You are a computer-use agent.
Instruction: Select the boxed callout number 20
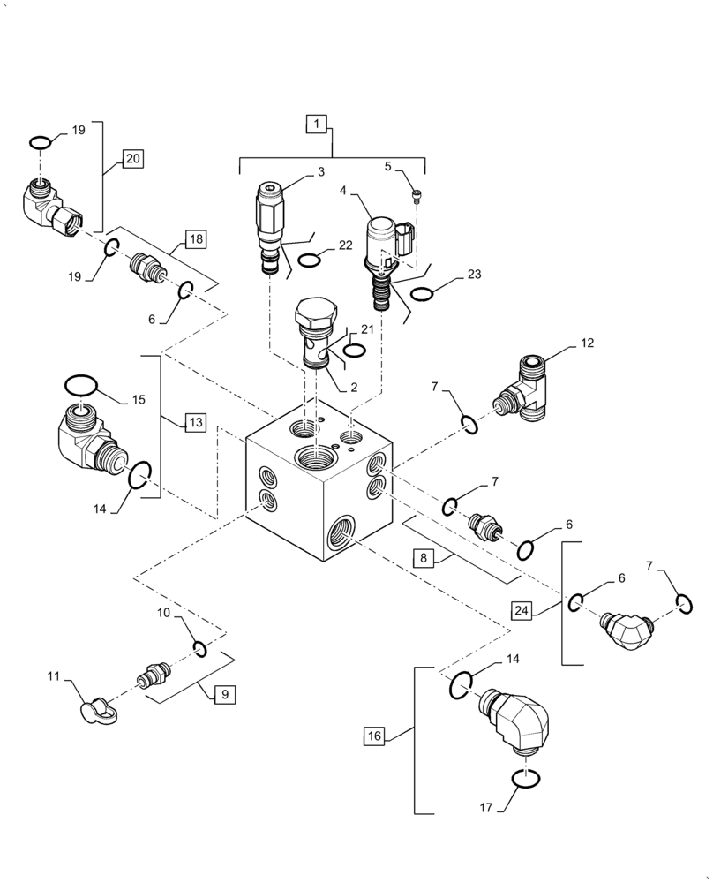(x=131, y=159)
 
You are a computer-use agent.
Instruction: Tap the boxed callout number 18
(x=195, y=239)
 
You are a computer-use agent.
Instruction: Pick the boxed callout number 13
(x=194, y=423)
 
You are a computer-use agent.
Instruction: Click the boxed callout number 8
(x=424, y=558)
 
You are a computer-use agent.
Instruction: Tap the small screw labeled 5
(x=417, y=196)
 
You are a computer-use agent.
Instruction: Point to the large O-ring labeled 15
(x=79, y=385)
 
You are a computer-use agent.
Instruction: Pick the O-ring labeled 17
(x=524, y=778)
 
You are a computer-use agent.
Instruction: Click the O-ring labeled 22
(x=308, y=260)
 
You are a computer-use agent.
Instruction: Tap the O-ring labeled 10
(x=200, y=650)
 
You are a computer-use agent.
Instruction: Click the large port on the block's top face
(x=317, y=458)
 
